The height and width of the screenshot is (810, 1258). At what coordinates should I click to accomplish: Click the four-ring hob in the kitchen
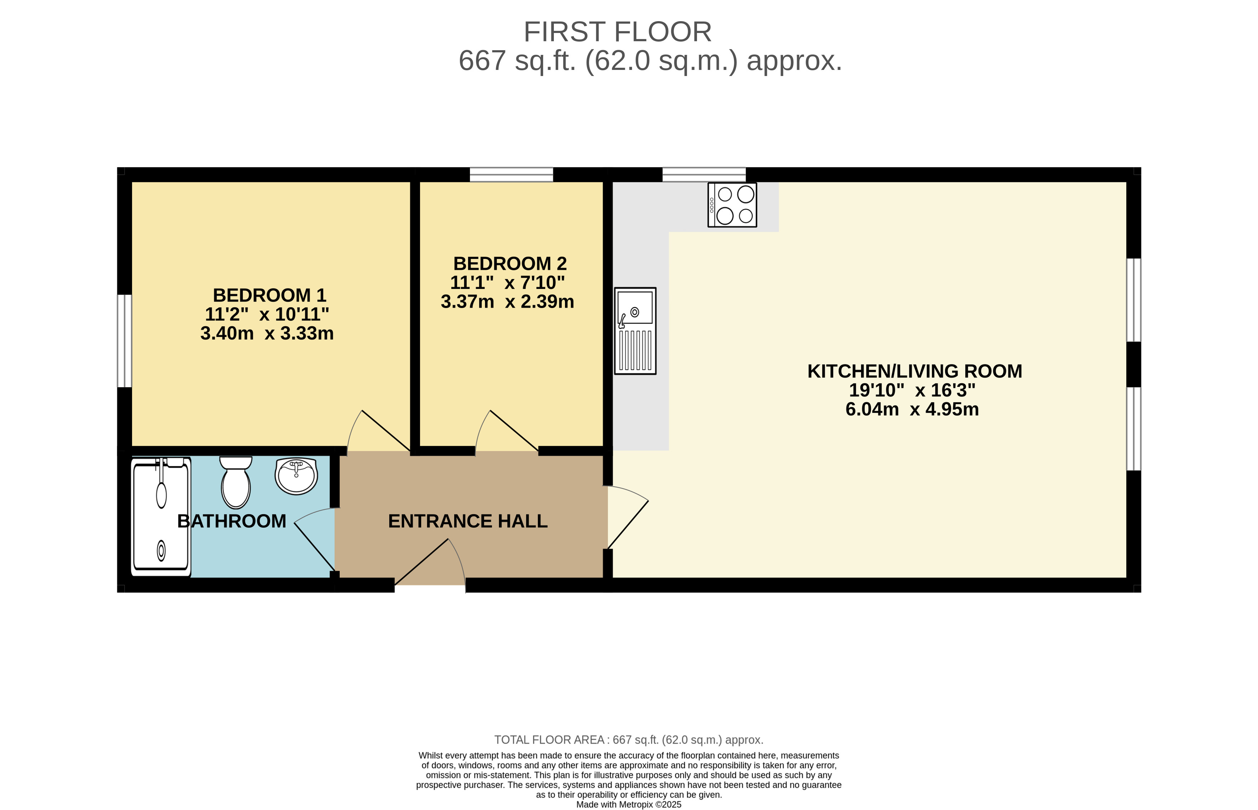[x=732, y=205]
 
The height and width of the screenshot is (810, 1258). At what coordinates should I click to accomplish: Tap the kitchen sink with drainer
[x=635, y=331]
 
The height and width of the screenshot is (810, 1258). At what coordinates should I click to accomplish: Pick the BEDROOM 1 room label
[x=269, y=295]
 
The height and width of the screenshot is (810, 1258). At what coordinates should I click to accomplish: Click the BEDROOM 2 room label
[x=510, y=264]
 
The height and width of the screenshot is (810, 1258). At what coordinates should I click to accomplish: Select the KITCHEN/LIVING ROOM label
[x=914, y=371]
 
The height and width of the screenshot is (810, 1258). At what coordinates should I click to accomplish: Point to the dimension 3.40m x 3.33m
[x=267, y=333]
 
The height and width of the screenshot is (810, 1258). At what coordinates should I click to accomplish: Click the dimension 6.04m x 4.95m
[x=912, y=409]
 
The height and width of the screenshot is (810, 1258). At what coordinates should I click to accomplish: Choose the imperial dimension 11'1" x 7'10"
[x=507, y=283]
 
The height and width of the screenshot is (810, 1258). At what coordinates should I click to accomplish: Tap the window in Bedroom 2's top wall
[x=512, y=175]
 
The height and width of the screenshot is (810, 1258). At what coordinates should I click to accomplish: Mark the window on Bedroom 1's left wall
[x=124, y=341]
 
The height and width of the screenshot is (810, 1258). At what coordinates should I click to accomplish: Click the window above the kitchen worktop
[x=704, y=175]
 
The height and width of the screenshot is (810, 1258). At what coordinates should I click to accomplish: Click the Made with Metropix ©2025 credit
[x=629, y=804]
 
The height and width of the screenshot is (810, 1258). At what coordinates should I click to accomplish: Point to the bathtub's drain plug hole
[x=161, y=551]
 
